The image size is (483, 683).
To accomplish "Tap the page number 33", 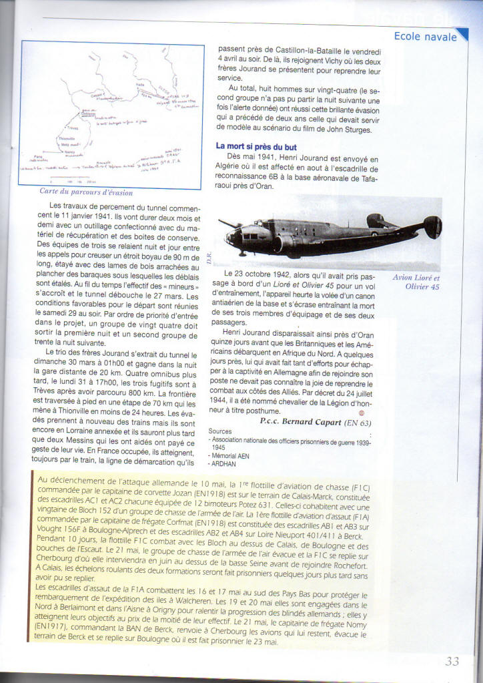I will pyautogui.click(x=452, y=662).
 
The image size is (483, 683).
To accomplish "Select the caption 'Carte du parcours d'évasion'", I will pyautogui.click(x=86, y=192).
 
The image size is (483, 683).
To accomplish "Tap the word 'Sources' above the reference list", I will pyautogui.click(x=221, y=431).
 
